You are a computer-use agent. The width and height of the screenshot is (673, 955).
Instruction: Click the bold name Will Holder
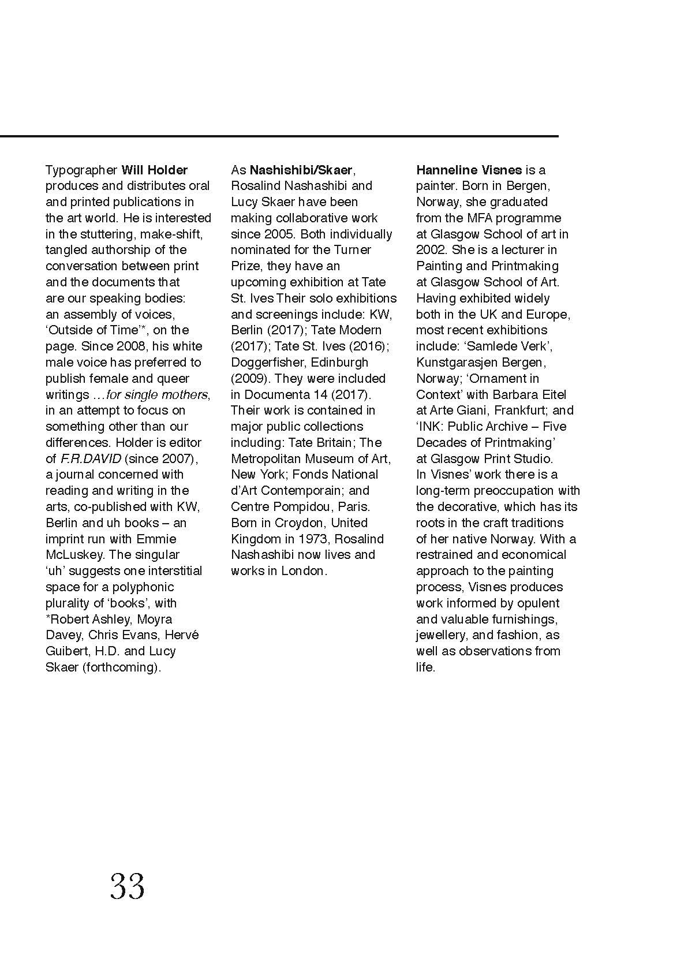[154, 170]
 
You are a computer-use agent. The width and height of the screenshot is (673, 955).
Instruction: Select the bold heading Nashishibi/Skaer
[301, 170]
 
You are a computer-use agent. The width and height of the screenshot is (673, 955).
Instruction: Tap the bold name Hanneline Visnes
[469, 170]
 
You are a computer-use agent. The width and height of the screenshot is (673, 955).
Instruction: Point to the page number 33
[128, 887]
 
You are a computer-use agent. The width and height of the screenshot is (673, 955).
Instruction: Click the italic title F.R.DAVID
[91, 459]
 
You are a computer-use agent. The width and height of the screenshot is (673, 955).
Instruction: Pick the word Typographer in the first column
[81, 170]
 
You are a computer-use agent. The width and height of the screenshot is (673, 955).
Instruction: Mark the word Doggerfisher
[267, 363]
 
